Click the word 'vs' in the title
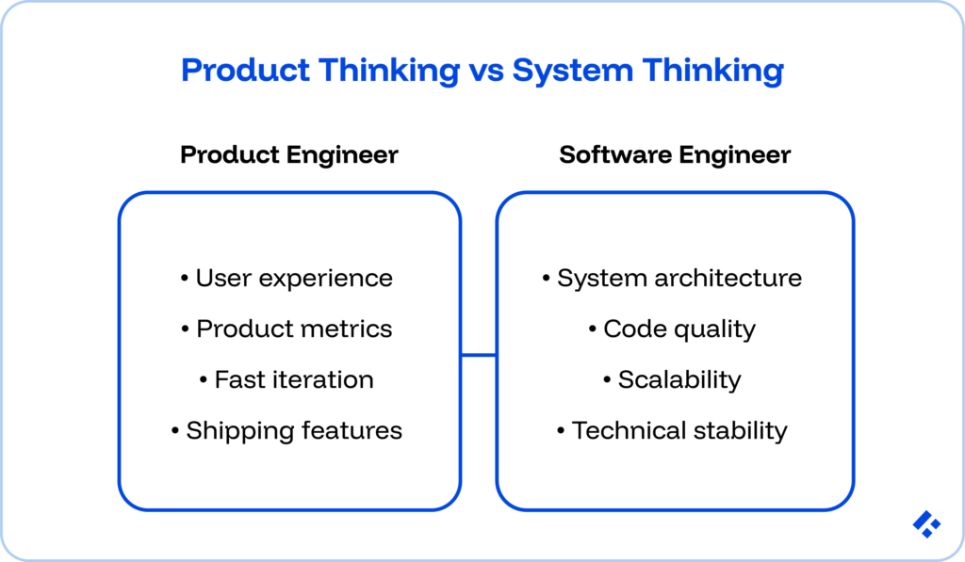(481, 72)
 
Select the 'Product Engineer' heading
(288, 154)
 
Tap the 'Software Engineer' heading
(675, 154)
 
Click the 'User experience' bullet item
(286, 279)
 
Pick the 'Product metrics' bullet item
(286, 329)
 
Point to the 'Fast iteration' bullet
(286, 380)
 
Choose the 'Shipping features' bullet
(286, 431)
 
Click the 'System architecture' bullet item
(672, 279)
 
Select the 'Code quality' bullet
(672, 329)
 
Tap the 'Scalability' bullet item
(672, 380)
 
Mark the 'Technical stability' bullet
(672, 431)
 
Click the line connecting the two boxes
(479, 355)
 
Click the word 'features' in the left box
(352, 431)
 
